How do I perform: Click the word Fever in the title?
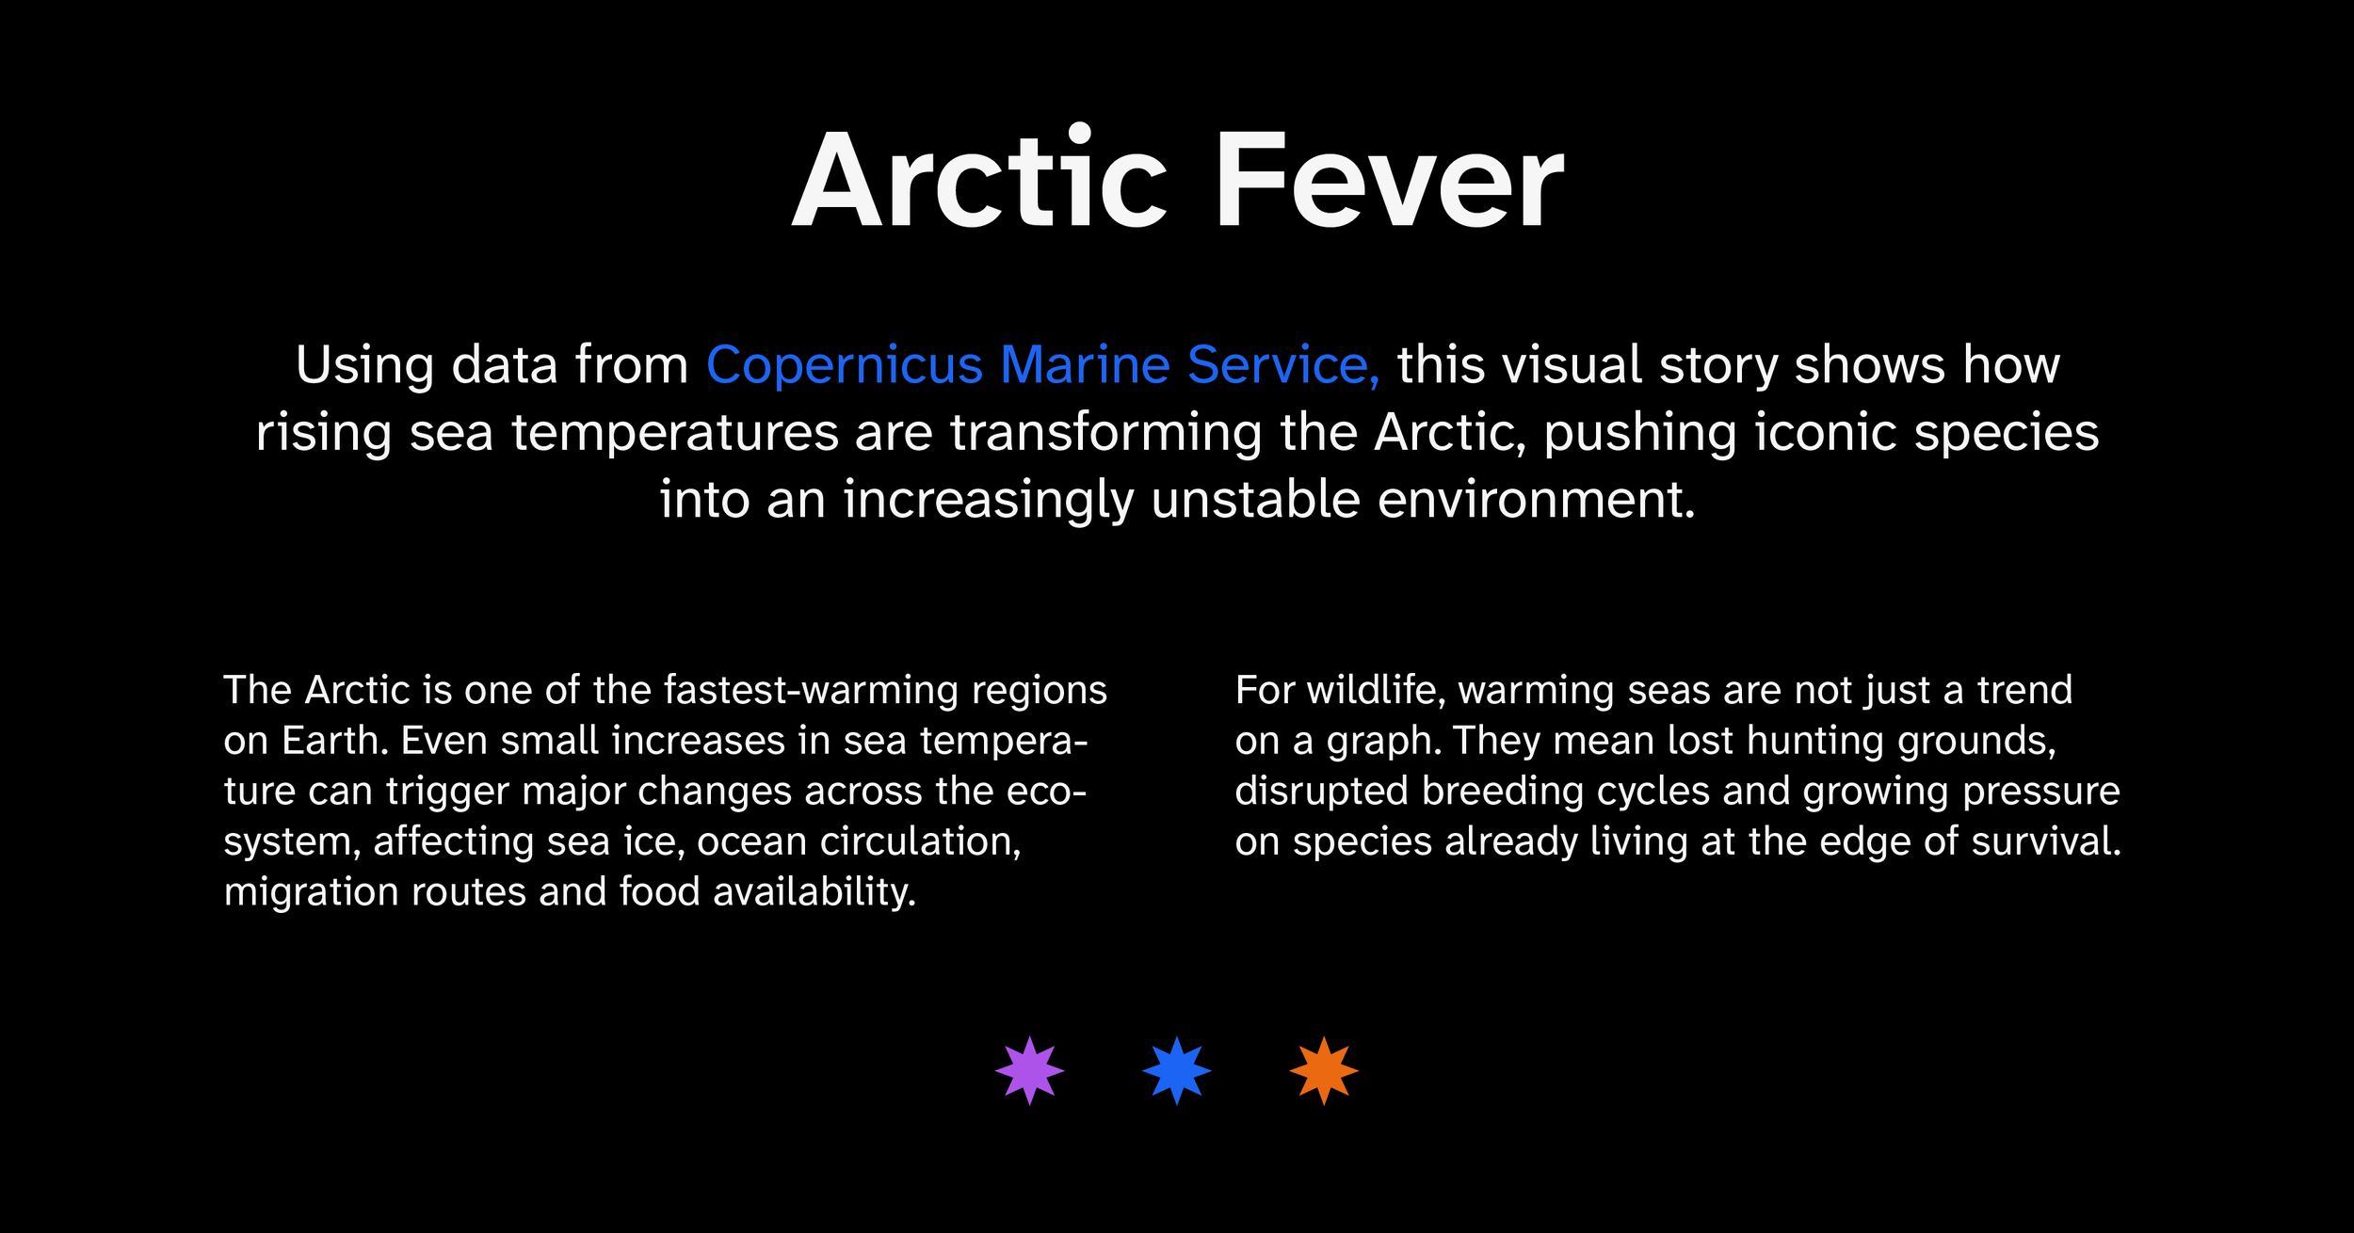(1390, 179)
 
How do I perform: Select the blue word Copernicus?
(845, 365)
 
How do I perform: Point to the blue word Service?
(1282, 365)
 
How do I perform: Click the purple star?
(1029, 1070)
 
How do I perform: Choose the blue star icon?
(1176, 1070)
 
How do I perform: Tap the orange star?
(1323, 1070)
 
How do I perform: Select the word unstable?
(1255, 499)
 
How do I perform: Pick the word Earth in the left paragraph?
(334, 741)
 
